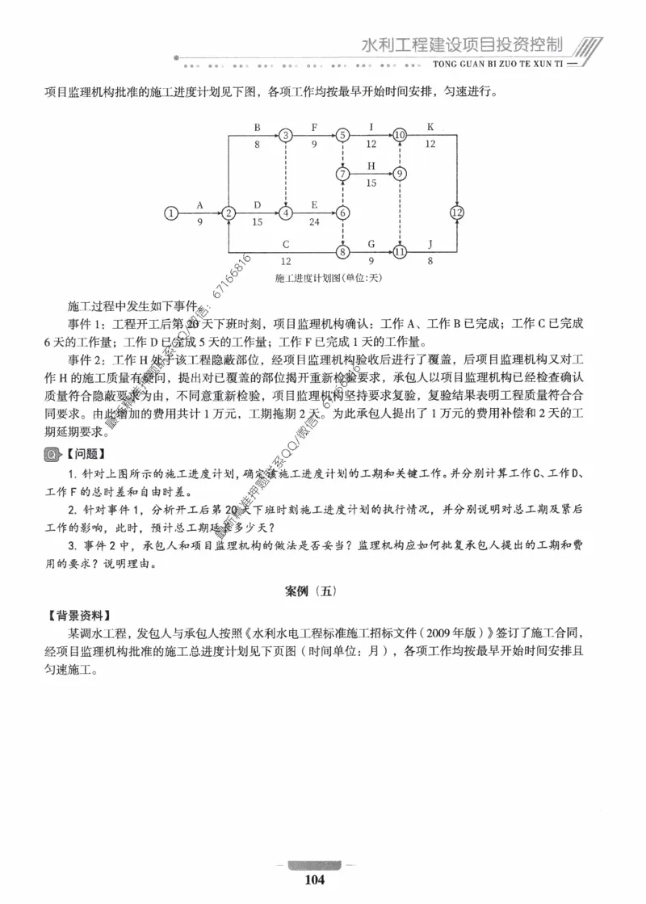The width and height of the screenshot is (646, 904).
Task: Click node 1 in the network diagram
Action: pos(170,213)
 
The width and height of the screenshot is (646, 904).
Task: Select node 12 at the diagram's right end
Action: pos(457,213)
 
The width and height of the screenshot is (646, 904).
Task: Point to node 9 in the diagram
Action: pos(400,174)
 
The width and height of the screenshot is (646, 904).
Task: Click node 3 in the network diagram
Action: pos(286,135)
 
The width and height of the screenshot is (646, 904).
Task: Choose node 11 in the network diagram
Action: pos(400,252)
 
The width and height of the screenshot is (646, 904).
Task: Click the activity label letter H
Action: pos(371,166)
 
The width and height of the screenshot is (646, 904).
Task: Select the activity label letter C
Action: pos(286,244)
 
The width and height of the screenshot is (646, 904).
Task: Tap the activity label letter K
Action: pos(430,127)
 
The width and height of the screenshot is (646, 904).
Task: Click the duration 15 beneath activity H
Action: pos(371,183)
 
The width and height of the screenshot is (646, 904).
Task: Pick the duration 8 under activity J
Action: pos(430,261)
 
